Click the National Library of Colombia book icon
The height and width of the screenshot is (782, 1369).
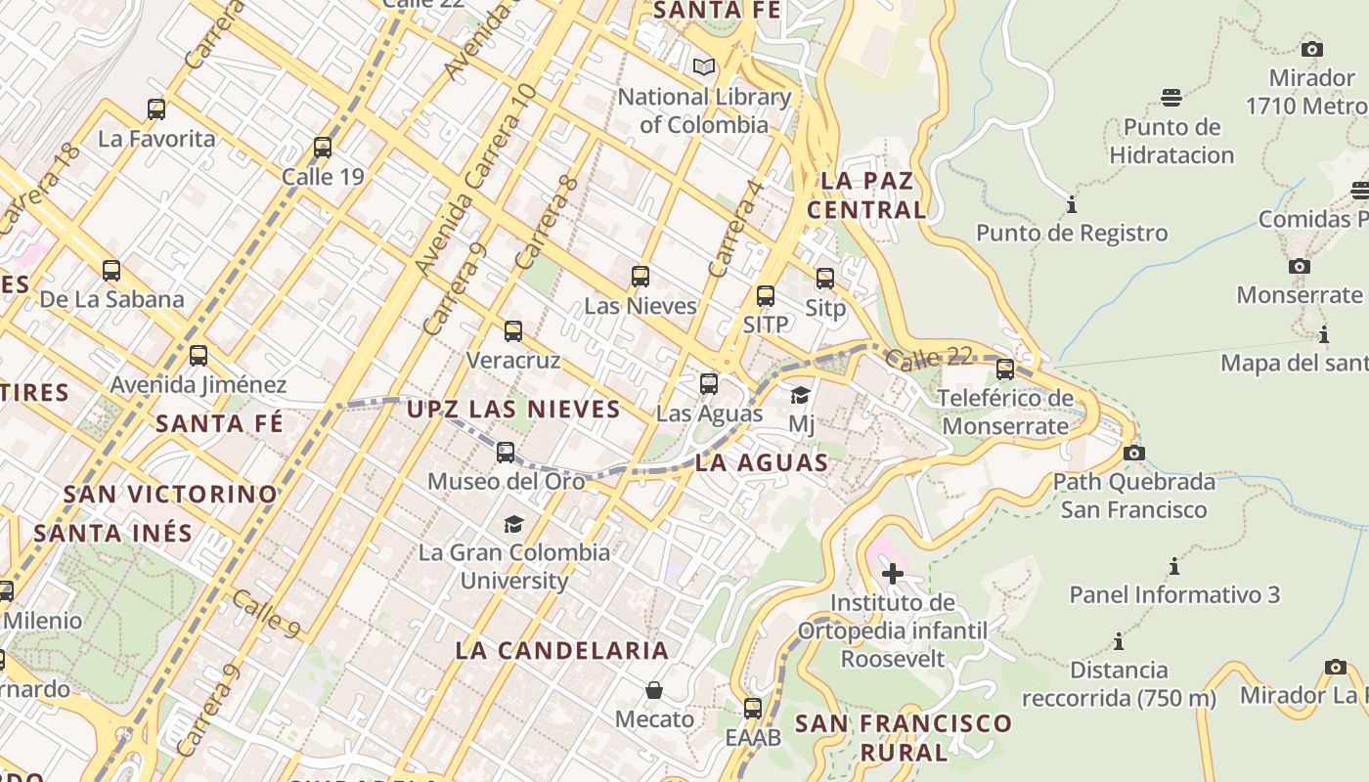coord(703,67)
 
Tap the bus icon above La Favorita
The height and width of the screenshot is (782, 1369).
coord(156,109)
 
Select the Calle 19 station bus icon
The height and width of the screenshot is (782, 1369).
coord(323,148)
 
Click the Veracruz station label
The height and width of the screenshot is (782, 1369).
coord(513,360)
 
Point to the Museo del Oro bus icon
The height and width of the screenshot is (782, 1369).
coord(506,453)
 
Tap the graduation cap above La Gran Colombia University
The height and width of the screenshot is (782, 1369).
coord(513,524)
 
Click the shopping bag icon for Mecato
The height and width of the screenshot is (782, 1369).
coord(654,691)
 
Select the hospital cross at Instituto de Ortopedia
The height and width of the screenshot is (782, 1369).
coord(892,574)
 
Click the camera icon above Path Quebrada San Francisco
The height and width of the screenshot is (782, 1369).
coord(1134,454)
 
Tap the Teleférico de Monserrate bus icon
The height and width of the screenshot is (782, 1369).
coord(1004,369)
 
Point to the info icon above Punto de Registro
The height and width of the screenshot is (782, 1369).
coord(1072,205)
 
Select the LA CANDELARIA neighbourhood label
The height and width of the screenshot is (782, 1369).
coord(562,650)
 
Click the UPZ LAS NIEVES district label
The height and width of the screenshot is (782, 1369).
coord(513,409)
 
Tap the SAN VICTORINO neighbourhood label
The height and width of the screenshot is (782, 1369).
coord(170,494)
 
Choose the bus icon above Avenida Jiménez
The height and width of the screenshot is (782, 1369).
coord(199,356)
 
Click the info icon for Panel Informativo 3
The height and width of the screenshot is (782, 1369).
coord(1173,567)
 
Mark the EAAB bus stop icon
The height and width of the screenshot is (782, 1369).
coord(753,709)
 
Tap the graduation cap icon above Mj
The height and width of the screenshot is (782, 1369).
coord(801,396)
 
